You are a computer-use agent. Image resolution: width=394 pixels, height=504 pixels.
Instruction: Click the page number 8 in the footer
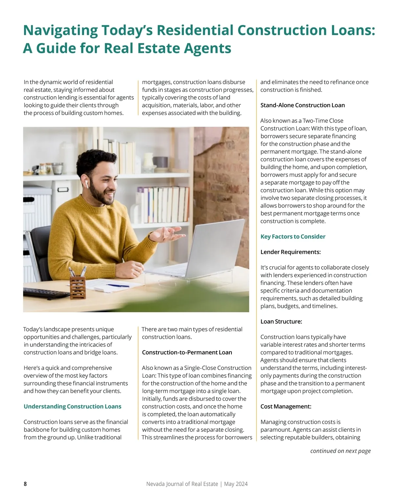25,484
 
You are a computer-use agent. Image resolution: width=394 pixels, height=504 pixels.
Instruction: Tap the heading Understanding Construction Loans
72,406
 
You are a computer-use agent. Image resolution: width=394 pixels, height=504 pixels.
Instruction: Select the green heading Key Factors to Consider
293,236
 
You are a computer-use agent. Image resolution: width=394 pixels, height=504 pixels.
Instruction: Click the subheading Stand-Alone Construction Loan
302,105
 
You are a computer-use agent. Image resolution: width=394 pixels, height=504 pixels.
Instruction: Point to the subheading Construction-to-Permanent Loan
187,352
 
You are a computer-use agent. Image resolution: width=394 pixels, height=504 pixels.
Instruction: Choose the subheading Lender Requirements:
290,252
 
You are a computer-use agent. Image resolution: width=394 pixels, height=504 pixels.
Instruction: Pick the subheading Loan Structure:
281,321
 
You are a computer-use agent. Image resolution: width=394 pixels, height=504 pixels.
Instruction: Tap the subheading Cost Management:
286,406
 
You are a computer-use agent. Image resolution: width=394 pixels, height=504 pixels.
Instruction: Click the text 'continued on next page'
340,451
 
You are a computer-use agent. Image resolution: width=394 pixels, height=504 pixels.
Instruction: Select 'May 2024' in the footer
236,484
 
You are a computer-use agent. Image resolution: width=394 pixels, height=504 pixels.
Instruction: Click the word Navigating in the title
60,30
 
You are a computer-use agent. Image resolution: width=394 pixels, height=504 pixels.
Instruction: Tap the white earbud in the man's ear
87,184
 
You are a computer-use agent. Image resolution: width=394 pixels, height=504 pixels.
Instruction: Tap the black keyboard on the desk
46,293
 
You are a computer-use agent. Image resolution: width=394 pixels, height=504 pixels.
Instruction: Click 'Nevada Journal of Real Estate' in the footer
182,484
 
